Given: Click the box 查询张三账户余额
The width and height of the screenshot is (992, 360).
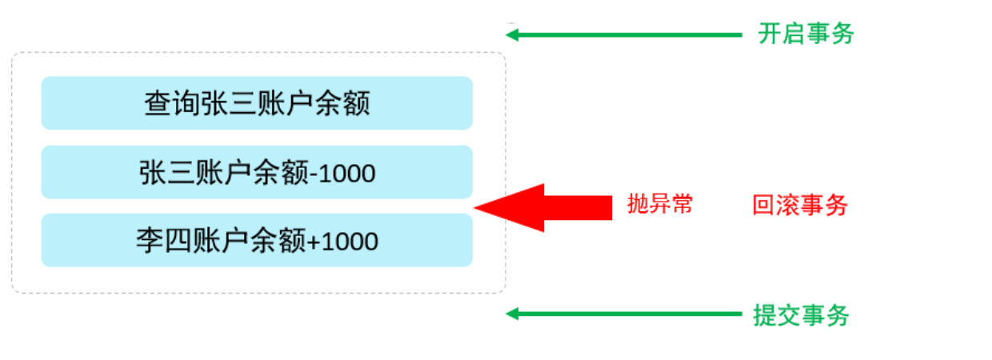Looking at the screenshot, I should tap(257, 103).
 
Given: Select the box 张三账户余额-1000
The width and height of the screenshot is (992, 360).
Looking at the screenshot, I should tap(257, 172).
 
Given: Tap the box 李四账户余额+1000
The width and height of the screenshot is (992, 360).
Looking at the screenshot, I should tap(257, 240).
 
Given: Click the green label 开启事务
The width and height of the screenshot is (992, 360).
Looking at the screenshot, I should tap(806, 34).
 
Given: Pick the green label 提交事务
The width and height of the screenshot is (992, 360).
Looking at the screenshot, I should tap(801, 315).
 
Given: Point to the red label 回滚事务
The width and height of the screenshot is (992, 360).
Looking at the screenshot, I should tap(799, 206).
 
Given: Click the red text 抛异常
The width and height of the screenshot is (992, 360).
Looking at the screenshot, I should tap(659, 205).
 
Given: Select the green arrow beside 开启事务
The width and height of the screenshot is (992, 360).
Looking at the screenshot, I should tap(624, 34).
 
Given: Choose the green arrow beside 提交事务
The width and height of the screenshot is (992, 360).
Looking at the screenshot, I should tap(624, 314).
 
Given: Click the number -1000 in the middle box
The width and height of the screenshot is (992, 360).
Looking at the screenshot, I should tap(342, 173).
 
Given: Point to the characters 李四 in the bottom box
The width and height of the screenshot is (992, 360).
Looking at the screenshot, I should tap(155, 240).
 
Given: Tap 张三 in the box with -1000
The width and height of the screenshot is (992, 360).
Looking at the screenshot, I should tap(158, 172).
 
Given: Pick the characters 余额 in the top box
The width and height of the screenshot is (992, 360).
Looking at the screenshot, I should tap(350, 103).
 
